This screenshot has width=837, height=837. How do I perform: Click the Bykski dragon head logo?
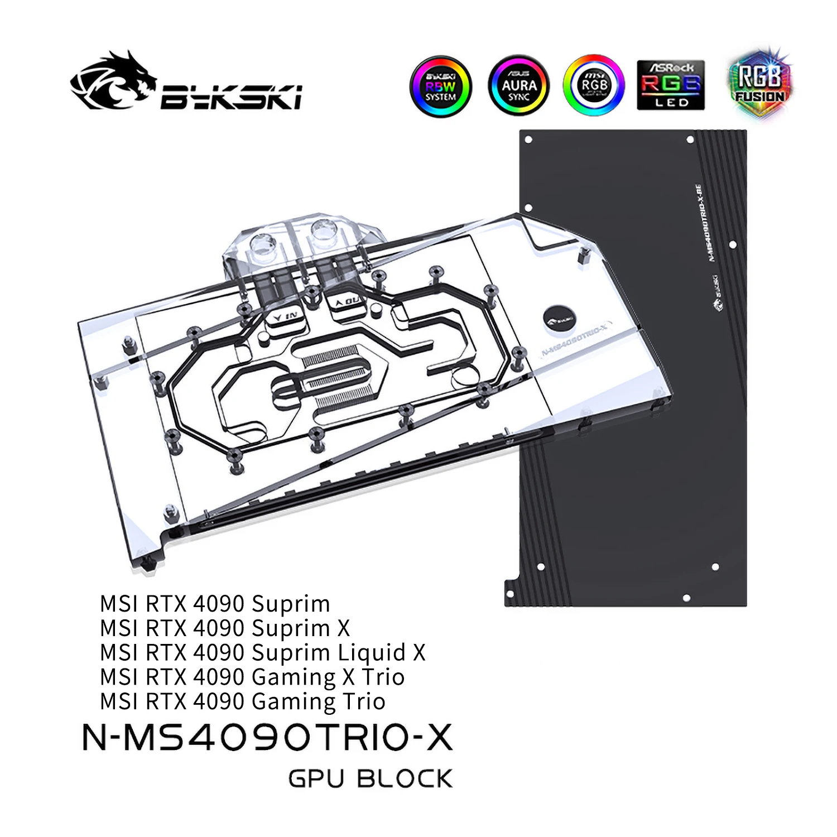click(x=114, y=81)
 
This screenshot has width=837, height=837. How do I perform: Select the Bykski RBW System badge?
click(x=441, y=86)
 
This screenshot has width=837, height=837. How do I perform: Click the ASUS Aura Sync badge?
click(x=518, y=85)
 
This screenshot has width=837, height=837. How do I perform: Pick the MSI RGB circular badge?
click(x=594, y=85)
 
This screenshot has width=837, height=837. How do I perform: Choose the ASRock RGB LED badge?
click(x=671, y=85)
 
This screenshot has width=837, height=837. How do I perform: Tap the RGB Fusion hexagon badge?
click(x=759, y=84)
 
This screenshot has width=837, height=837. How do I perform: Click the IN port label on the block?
click(x=286, y=316)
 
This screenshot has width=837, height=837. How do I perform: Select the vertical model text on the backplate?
click(x=704, y=223)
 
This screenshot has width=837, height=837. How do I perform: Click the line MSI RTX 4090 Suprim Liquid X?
click(x=262, y=652)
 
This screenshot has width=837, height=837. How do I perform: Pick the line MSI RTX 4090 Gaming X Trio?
click(x=252, y=677)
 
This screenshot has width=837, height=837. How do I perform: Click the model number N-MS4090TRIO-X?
click(x=267, y=738)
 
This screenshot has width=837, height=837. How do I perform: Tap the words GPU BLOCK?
click(x=370, y=779)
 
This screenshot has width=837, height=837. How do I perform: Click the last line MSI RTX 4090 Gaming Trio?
click(x=243, y=701)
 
